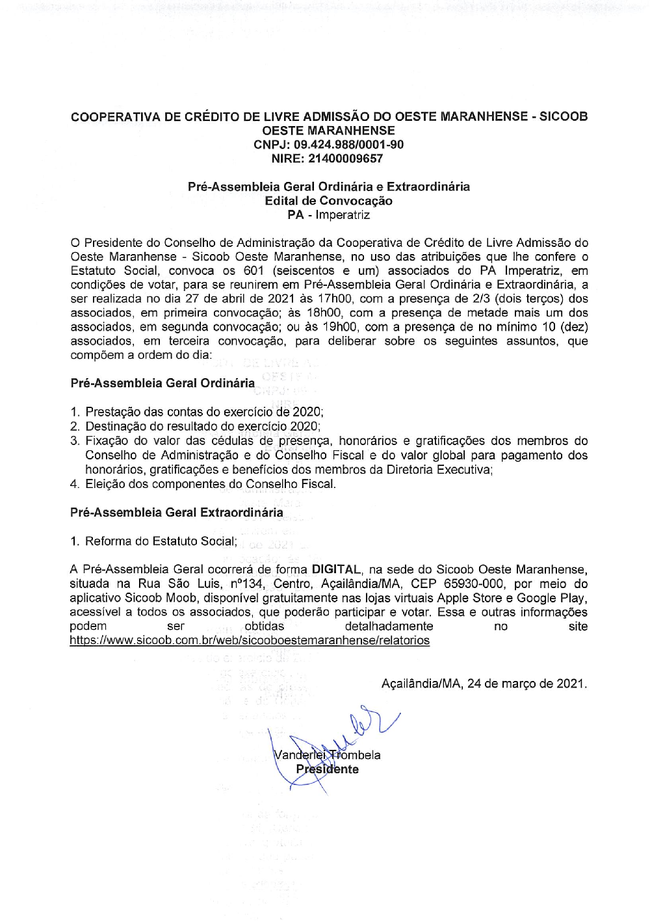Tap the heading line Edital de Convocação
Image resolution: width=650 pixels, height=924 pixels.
point(328,201)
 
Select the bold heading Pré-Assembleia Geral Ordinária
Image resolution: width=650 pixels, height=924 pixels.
point(162,383)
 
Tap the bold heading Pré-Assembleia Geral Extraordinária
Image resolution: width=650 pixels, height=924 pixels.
point(177,513)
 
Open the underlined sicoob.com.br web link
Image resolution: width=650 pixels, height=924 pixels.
point(250,640)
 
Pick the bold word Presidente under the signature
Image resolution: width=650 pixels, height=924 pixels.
point(328,769)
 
